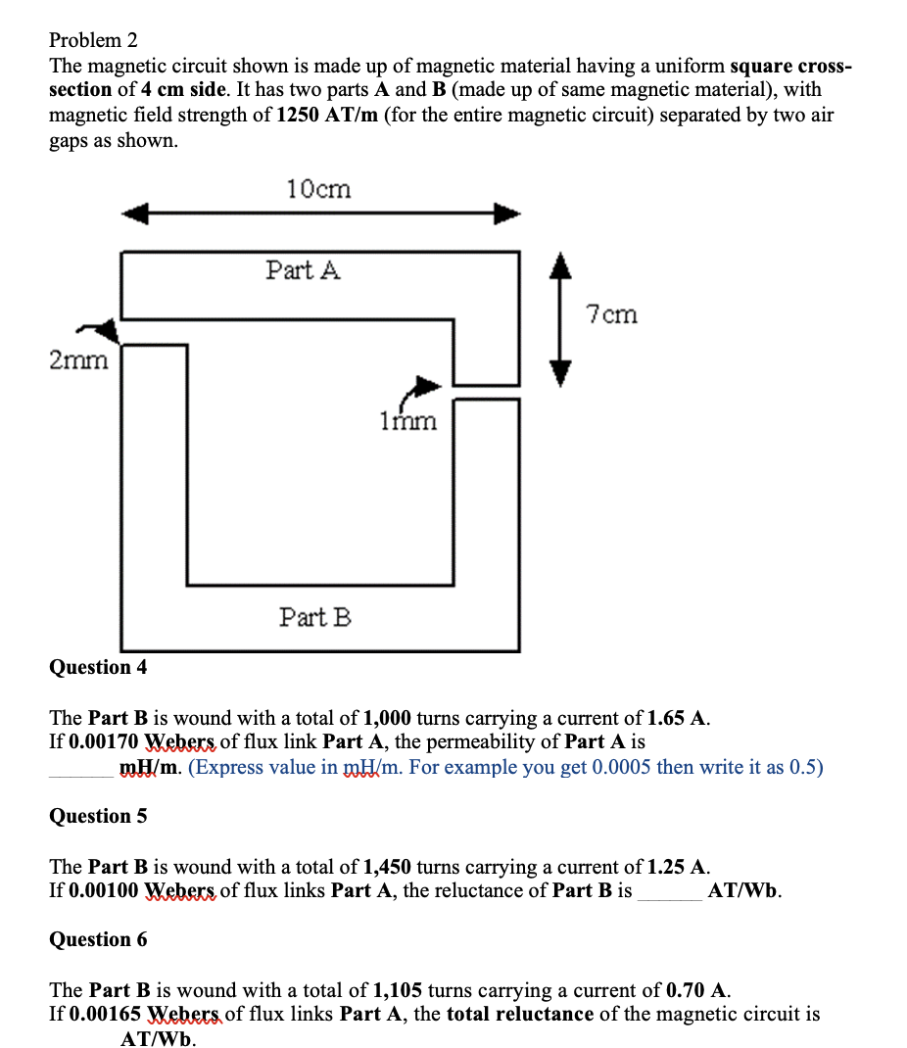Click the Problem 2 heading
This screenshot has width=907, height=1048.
(x=93, y=40)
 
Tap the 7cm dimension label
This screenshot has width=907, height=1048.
(x=611, y=314)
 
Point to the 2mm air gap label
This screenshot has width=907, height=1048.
(x=78, y=360)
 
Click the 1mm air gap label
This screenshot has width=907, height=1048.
(x=407, y=421)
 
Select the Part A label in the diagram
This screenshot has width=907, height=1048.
(x=303, y=270)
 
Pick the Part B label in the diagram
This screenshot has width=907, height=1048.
(x=314, y=617)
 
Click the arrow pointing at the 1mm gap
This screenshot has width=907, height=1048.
(x=423, y=388)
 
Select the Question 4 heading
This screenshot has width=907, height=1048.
(x=98, y=667)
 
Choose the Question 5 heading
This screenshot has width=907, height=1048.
(x=98, y=816)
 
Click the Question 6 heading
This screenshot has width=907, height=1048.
(x=98, y=939)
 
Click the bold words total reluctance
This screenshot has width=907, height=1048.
(x=519, y=1014)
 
